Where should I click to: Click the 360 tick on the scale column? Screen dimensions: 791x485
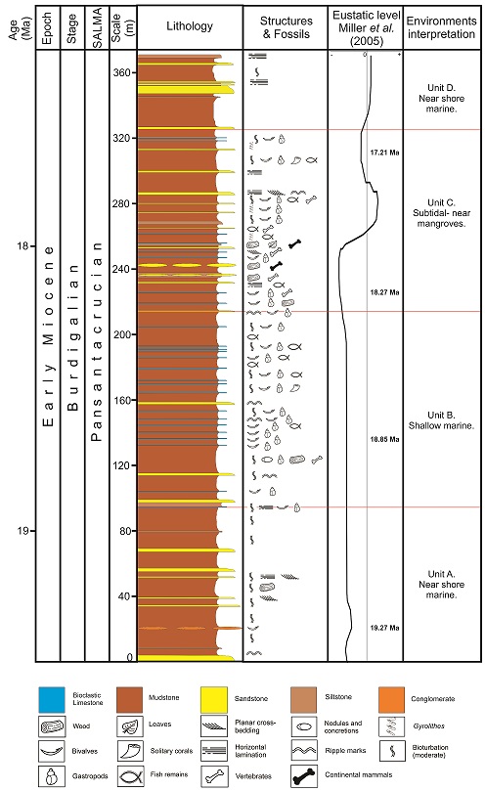pos(119,72)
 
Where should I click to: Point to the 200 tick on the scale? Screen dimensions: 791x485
pos(119,334)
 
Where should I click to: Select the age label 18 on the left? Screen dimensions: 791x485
pos(22,245)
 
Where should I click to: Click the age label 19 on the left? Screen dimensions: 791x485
pos(22,530)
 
